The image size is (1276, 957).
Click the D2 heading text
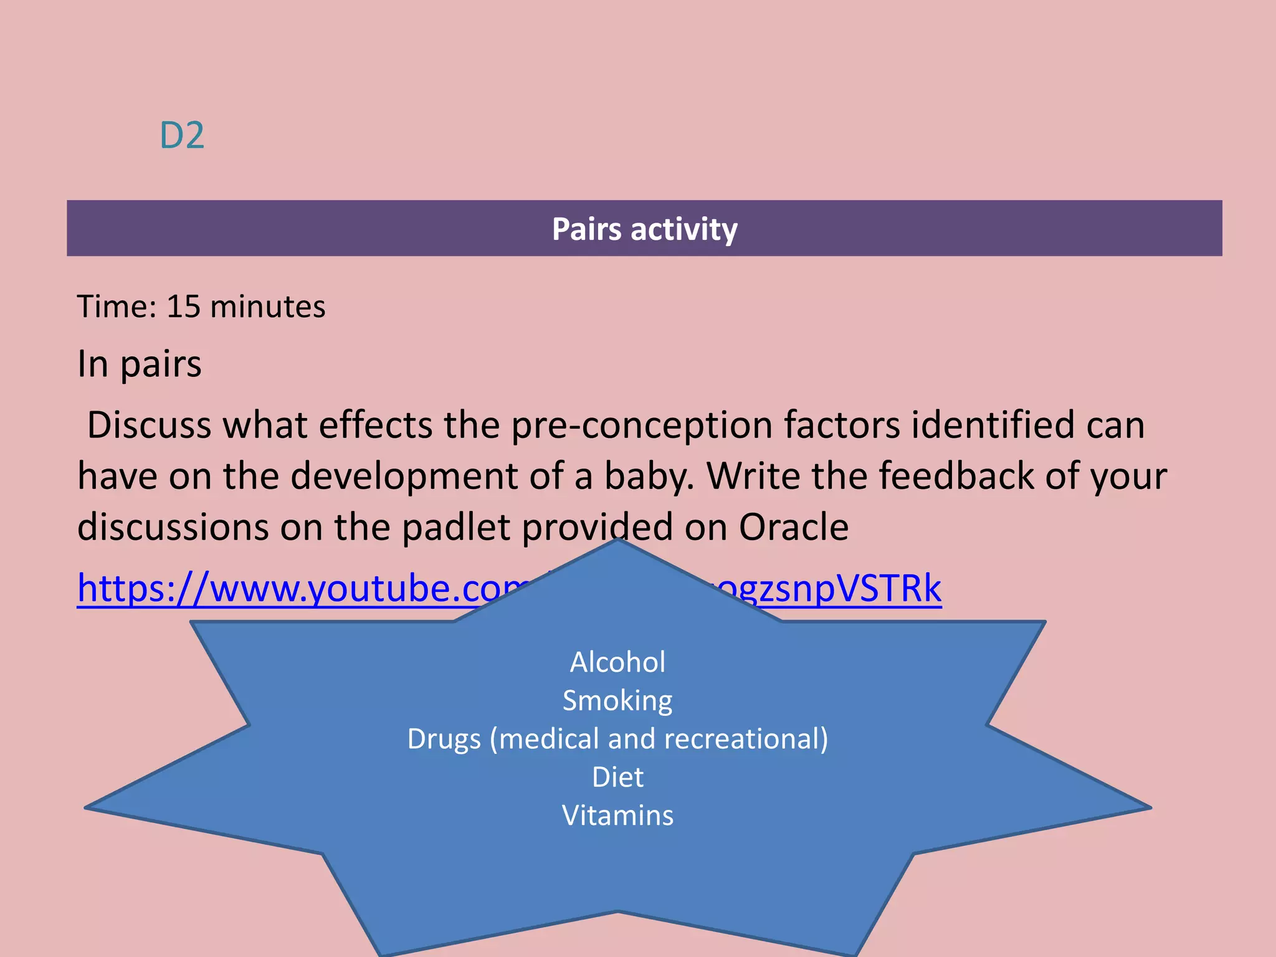click(x=181, y=135)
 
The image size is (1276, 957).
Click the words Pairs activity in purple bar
click(x=644, y=229)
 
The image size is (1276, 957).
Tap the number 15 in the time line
click(x=183, y=307)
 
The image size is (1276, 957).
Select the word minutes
click(x=267, y=307)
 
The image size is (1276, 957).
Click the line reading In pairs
click(x=140, y=364)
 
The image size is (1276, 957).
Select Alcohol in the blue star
click(x=617, y=662)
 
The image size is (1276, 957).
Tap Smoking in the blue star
click(x=617, y=700)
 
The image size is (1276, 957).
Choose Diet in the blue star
click(x=617, y=777)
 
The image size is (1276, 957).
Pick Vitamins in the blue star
click(x=617, y=816)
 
